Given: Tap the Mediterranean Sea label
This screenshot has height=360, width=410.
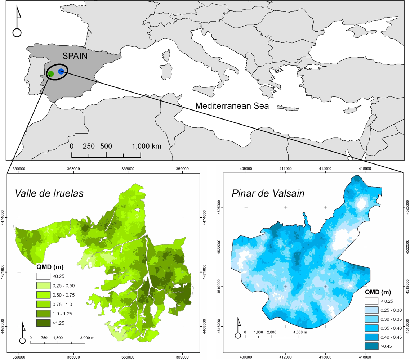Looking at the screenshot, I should coord(232,106).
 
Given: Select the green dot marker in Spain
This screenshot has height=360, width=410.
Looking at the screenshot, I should coord(51,74).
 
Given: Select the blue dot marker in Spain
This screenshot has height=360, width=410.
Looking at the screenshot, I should coord(61,71).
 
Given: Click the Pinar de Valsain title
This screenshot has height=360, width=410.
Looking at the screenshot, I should coord(268,193).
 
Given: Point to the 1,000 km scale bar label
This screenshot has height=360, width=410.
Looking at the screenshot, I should coord(146,147).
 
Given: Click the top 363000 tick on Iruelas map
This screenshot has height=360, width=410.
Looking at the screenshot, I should coord(73,168).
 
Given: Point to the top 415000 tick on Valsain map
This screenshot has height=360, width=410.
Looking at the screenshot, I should coord(325,168).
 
